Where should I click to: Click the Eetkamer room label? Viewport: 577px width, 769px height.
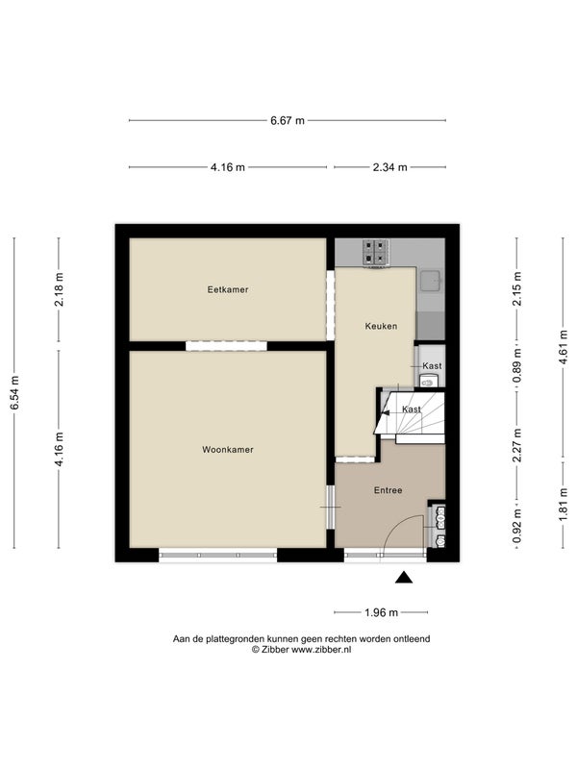pos(228,290)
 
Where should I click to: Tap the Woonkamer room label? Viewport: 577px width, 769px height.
pos(228,450)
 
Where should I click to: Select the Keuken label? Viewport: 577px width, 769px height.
pos(381,326)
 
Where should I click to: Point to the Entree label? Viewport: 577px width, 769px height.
pos(388,490)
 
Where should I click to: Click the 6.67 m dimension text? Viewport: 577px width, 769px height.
pos(288,121)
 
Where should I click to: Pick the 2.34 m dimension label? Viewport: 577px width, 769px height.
pos(390,167)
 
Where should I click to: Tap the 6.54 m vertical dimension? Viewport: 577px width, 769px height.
pos(14,393)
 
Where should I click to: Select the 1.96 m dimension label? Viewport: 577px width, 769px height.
pos(381,612)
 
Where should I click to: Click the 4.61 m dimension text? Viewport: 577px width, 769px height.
pos(564,347)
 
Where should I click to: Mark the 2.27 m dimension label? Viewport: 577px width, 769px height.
pos(516,445)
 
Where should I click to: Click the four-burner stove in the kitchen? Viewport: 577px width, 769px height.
pos(375,253)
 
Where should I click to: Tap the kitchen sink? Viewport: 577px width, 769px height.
pos(430,280)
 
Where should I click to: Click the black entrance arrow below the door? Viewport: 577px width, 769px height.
pos(404,578)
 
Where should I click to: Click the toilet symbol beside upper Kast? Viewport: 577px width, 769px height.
pos(429,381)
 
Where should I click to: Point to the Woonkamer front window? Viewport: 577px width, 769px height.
pos(218,556)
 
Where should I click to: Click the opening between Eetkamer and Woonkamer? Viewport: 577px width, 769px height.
pos(226,346)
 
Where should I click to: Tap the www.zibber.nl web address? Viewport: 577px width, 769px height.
pos(321,650)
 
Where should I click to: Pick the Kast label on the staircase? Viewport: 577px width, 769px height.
pos(412,409)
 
